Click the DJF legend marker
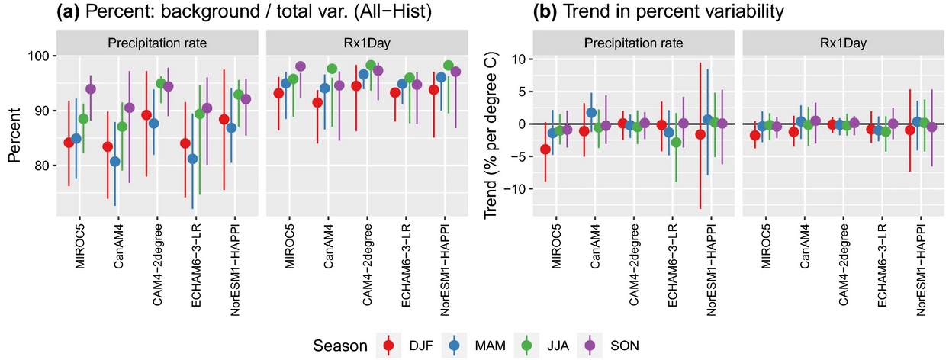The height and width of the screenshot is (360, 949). (x=388, y=346)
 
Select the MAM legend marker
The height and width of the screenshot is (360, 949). (x=454, y=346)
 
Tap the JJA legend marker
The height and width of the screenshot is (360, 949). (x=526, y=346)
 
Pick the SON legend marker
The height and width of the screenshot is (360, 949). (x=590, y=346)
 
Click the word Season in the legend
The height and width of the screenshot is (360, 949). (x=339, y=346)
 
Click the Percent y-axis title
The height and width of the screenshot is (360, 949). (x=14, y=135)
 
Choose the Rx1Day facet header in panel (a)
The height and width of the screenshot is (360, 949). (x=367, y=43)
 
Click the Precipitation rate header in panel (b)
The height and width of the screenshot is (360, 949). (x=633, y=43)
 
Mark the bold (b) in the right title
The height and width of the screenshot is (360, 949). (x=545, y=11)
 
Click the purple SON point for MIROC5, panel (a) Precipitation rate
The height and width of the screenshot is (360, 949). (x=91, y=89)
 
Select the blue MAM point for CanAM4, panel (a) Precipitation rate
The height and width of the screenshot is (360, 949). (x=115, y=162)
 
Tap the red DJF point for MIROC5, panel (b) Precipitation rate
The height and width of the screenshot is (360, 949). (x=545, y=149)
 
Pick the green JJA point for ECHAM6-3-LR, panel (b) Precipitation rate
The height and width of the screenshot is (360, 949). (x=676, y=143)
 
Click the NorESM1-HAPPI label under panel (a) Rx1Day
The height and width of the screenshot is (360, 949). (x=445, y=269)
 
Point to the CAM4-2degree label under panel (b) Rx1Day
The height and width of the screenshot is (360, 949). (x=843, y=265)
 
